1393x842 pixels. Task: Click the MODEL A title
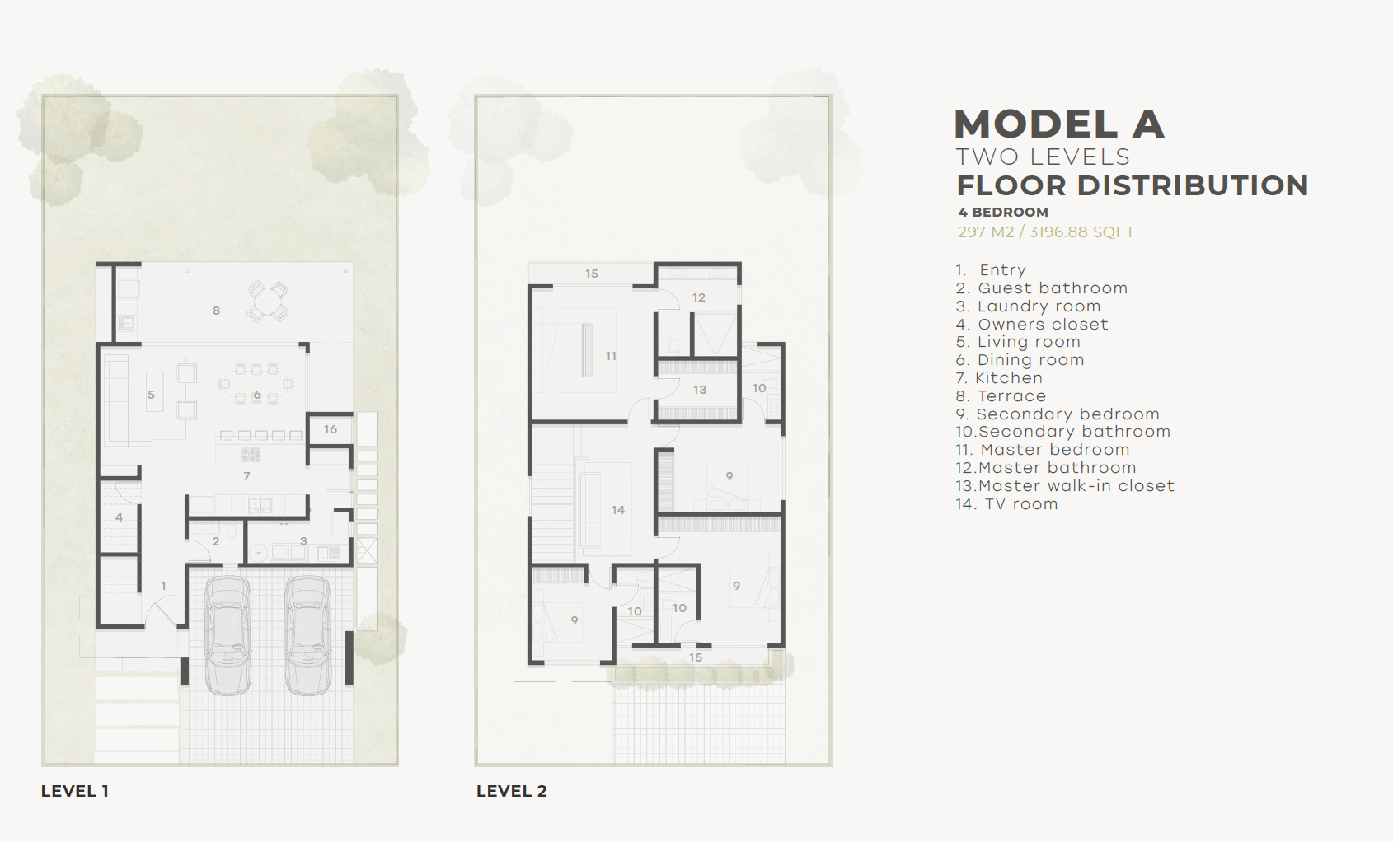click(1059, 124)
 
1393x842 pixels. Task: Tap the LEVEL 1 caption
click(75, 791)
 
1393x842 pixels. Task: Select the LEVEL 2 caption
click(512, 791)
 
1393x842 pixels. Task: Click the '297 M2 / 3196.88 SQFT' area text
click(1046, 232)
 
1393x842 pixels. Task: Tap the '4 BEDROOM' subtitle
click(1003, 213)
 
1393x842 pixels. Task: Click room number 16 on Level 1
click(331, 429)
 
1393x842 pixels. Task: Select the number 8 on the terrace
click(217, 311)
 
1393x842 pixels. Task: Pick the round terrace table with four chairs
click(268, 302)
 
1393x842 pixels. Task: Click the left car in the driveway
click(228, 635)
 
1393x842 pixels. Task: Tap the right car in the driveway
click(307, 635)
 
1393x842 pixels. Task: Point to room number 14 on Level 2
click(617, 510)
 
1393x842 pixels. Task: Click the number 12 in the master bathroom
click(699, 297)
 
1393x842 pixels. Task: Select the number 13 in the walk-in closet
click(700, 390)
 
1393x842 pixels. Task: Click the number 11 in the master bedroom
click(611, 356)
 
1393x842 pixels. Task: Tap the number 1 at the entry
click(163, 586)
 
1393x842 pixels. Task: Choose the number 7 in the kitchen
click(247, 477)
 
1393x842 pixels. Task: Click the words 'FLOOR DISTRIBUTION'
click(1133, 186)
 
